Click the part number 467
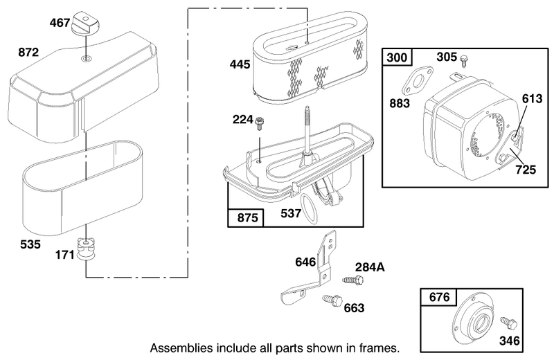point(60,23)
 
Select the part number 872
point(28,53)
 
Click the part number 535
point(30,244)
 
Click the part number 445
point(240,64)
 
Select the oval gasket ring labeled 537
point(310,208)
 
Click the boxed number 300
point(397,57)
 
